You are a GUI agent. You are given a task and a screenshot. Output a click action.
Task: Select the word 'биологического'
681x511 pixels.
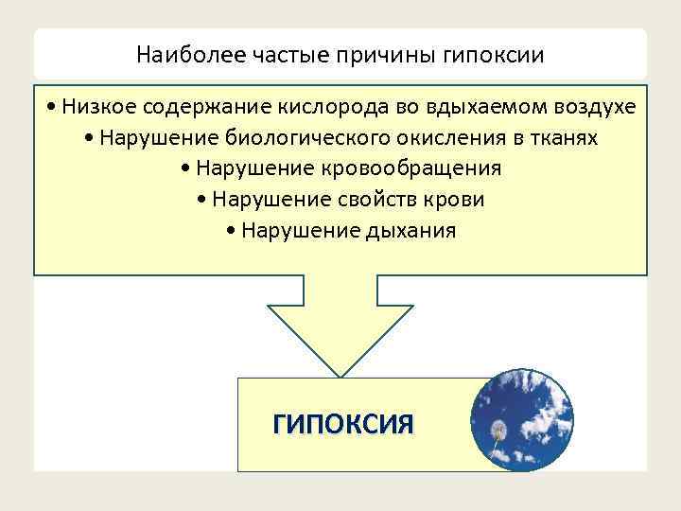pos(300,138)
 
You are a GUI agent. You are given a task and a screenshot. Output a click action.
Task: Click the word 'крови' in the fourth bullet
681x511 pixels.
pos(457,200)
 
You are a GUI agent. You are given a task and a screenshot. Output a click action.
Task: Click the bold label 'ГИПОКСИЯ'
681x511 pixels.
pos(342,424)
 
